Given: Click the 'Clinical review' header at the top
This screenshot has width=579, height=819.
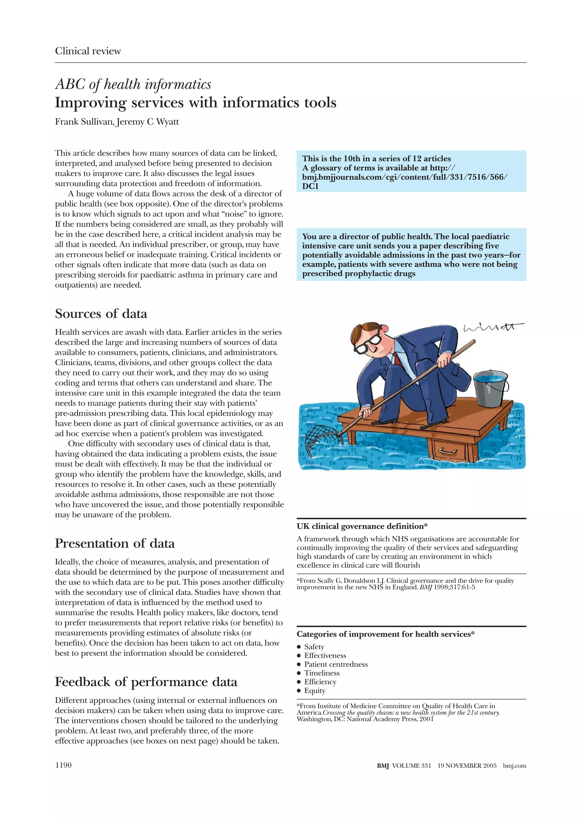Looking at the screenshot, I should pos(88,51).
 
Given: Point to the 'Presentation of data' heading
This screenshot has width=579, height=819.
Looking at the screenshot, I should pos(114,543).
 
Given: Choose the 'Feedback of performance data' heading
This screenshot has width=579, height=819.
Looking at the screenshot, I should pos(146,682).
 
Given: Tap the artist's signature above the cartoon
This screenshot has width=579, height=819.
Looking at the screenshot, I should pos(492,327).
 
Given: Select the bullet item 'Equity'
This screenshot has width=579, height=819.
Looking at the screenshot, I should pos(315,691).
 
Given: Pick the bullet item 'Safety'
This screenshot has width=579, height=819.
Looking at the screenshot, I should pos(314,647).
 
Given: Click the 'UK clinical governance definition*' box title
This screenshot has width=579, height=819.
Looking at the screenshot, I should pos(362,526).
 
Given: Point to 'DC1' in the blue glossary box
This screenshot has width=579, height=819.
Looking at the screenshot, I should pos(310,186).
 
